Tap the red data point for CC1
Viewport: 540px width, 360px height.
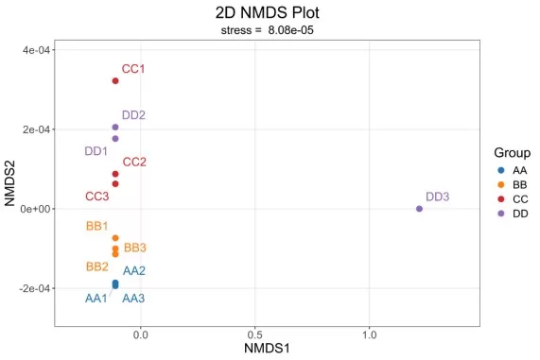click(x=115, y=81)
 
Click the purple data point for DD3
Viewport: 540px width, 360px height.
click(x=419, y=209)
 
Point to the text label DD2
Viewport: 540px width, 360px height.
click(x=133, y=115)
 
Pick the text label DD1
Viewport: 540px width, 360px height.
click(x=96, y=151)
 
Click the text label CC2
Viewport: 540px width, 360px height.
click(x=134, y=162)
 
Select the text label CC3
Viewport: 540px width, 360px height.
click(x=97, y=197)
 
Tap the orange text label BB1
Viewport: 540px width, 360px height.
click(x=97, y=227)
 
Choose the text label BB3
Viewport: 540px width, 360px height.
click(x=135, y=248)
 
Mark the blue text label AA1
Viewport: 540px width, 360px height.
click(x=96, y=299)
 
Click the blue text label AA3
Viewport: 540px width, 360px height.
click(x=134, y=299)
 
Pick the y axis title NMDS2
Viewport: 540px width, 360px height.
click(x=10, y=182)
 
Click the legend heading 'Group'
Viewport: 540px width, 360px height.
click(x=512, y=153)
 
